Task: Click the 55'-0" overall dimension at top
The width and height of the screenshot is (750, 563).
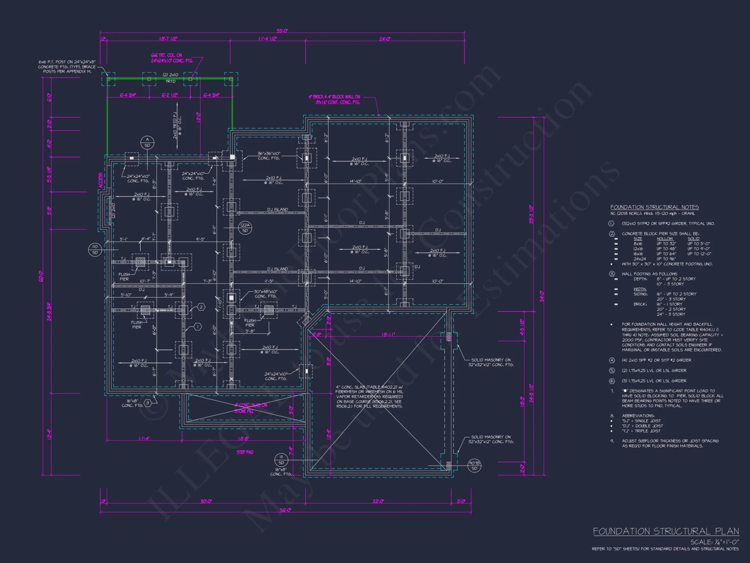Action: point(282,31)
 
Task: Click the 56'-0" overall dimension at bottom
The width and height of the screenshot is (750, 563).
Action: point(285,510)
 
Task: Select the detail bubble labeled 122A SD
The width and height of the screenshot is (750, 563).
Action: point(245,228)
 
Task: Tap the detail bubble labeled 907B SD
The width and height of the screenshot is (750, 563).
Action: point(474,466)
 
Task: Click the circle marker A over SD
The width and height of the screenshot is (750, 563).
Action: point(147,142)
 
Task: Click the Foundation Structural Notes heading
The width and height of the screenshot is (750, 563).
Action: point(654,207)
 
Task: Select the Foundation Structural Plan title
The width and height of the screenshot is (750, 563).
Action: point(666,531)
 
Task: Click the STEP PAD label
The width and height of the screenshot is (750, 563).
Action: point(245,452)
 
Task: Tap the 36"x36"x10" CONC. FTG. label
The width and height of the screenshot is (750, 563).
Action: point(269,156)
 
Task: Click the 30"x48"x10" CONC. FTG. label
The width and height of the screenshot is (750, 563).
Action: point(265,294)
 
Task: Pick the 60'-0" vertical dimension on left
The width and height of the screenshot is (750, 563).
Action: point(41,277)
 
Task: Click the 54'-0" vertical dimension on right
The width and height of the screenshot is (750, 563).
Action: point(541,297)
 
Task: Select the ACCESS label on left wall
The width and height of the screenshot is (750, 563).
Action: point(100,181)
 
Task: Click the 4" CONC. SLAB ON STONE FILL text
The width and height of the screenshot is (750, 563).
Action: point(250,408)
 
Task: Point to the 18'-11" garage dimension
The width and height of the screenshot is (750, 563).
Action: point(388,334)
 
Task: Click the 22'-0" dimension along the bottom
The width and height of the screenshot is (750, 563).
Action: point(378,501)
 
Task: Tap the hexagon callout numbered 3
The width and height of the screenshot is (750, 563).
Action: point(148,403)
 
